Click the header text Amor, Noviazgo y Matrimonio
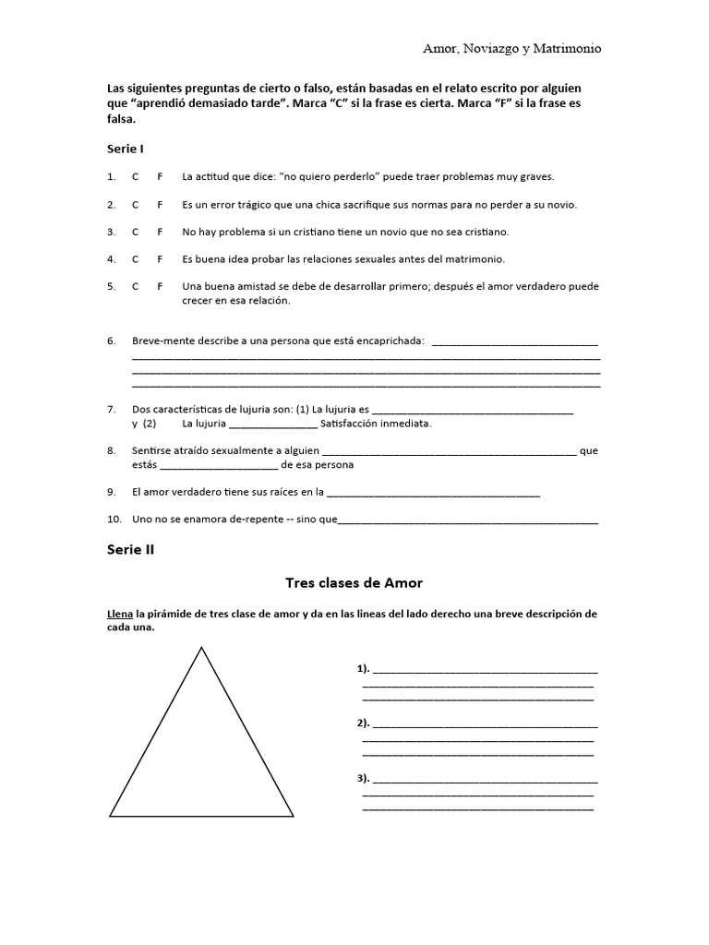511,48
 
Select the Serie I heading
126,149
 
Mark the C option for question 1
136,176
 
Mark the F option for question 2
160,204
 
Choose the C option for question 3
136,232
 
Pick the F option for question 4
160,258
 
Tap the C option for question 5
136,286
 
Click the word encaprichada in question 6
390,341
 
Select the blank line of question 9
433,493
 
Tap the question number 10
114,520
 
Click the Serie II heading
130,550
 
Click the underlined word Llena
121,614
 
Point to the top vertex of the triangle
201,649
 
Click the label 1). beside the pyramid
363,668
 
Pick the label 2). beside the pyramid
363,723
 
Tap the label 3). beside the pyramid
363,778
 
